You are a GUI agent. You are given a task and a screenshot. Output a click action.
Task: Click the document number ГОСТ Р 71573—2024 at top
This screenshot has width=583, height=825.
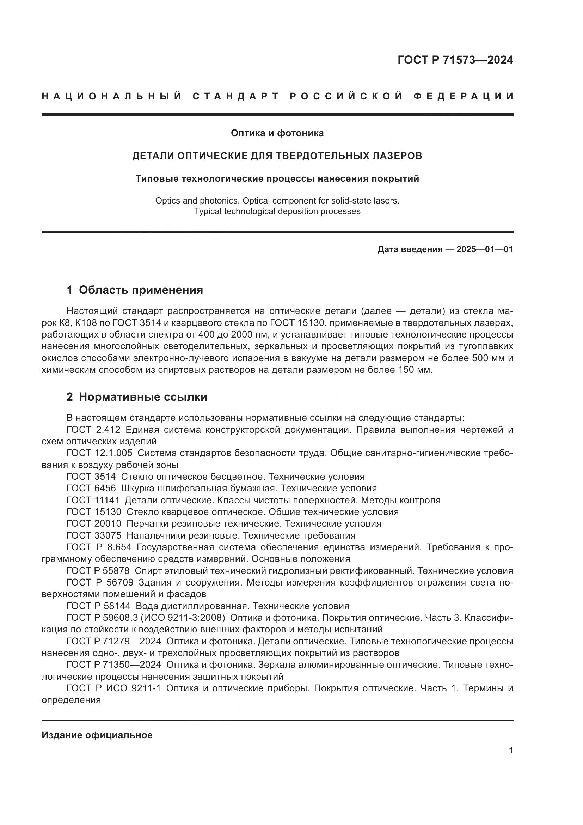coord(455,60)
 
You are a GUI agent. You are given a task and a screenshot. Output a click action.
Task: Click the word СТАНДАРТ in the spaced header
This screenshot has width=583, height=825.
coord(236,96)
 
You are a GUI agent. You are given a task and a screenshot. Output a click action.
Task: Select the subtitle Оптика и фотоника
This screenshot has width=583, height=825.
coord(277,133)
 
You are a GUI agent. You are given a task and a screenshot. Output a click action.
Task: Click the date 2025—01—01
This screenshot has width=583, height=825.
coord(485,249)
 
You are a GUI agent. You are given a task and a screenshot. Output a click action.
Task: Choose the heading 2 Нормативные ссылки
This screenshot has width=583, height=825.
coord(137,397)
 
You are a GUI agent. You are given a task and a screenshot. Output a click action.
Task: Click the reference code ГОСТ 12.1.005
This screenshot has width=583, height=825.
coord(99,453)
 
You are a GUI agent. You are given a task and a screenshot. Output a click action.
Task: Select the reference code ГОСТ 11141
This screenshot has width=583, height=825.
coord(93,500)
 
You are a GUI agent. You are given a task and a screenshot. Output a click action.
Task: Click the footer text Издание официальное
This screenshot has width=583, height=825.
coord(97,735)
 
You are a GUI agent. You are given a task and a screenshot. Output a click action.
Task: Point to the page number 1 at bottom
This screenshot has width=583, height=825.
coord(511,751)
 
